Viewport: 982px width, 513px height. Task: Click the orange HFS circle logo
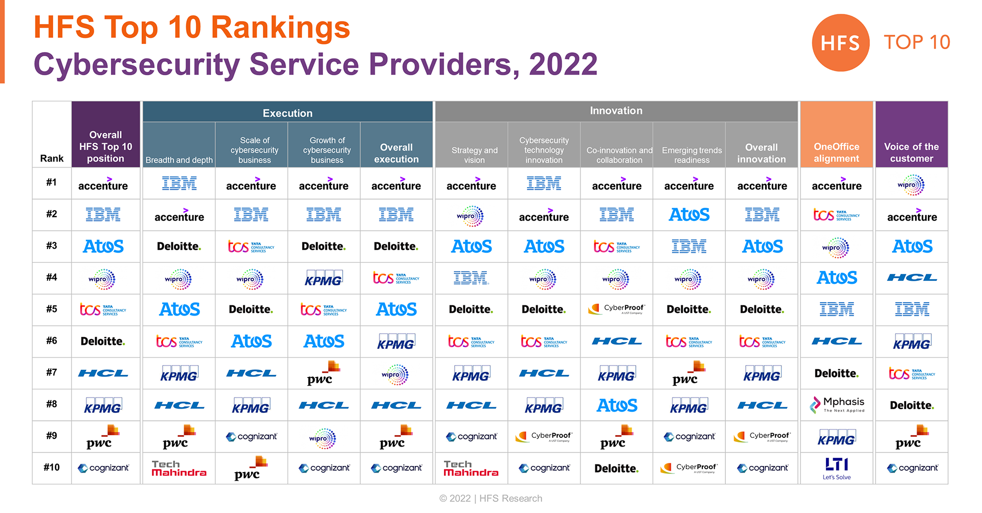click(x=840, y=43)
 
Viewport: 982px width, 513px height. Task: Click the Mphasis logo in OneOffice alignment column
click(x=837, y=405)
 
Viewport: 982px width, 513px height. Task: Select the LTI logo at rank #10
click(x=837, y=468)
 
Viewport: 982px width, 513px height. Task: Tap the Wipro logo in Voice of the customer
click(x=911, y=185)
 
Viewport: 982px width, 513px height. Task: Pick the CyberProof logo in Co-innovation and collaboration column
click(x=617, y=309)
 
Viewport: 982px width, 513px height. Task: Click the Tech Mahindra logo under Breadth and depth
click(x=179, y=468)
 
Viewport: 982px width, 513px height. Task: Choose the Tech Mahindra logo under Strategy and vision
click(x=471, y=468)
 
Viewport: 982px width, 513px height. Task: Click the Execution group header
click(x=287, y=113)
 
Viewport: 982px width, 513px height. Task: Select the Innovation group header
click(x=616, y=110)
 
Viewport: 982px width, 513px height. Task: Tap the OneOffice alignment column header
click(x=836, y=152)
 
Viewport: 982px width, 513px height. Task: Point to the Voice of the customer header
click(x=911, y=152)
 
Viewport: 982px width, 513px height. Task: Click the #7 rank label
click(x=52, y=372)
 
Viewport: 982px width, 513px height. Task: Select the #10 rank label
click(x=52, y=467)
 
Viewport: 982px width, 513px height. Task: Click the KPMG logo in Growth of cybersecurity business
click(x=324, y=278)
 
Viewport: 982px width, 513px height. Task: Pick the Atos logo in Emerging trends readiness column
click(x=689, y=215)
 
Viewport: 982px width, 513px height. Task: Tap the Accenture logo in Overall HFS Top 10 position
click(x=103, y=185)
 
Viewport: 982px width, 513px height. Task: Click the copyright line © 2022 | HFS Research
click(x=490, y=498)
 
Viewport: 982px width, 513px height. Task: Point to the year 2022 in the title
click(x=563, y=64)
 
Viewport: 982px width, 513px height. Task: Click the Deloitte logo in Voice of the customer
click(x=911, y=405)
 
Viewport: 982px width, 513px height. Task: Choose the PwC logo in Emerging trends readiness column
click(x=688, y=373)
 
